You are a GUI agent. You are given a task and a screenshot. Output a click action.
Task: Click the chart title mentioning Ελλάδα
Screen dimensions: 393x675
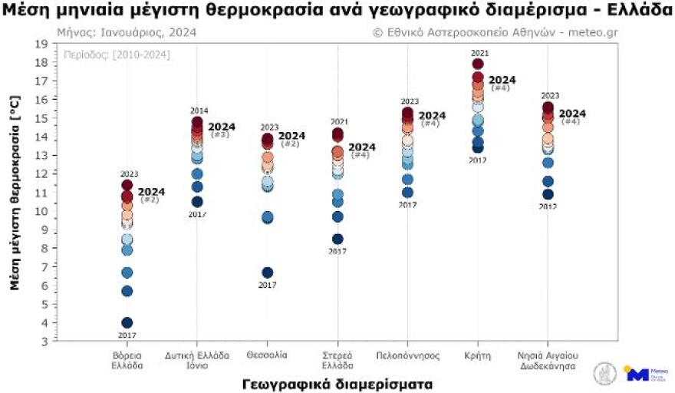coord(337,11)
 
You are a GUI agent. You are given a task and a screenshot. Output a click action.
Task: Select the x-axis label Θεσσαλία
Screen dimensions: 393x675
coord(268,355)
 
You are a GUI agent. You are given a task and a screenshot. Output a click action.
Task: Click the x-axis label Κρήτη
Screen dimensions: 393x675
coord(477,355)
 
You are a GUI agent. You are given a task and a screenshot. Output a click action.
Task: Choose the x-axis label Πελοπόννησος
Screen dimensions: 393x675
coord(407,355)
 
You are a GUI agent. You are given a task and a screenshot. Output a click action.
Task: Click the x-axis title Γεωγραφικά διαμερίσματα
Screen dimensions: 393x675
coord(337,382)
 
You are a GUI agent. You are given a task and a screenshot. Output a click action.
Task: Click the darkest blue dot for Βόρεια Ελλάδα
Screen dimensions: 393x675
coord(127,322)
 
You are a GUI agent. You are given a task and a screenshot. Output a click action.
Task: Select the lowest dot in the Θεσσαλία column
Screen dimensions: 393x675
coord(268,272)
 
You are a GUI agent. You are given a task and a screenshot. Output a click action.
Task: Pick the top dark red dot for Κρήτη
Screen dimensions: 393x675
coord(478,64)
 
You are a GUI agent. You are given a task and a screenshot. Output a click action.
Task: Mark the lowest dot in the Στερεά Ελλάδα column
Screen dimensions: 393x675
coord(337,239)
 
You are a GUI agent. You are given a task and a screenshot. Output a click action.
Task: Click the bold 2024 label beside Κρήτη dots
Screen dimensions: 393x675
coord(502,79)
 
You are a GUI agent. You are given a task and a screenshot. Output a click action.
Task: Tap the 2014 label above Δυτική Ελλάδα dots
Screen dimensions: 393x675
coord(197,111)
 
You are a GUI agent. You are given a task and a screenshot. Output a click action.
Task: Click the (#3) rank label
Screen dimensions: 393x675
coord(219,135)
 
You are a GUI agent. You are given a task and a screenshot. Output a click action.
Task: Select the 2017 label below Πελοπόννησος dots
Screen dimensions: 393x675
coord(407,204)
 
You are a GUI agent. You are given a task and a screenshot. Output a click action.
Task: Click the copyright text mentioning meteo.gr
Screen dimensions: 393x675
coord(495,33)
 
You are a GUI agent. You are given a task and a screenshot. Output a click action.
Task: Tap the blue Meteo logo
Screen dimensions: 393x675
coord(638,374)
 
